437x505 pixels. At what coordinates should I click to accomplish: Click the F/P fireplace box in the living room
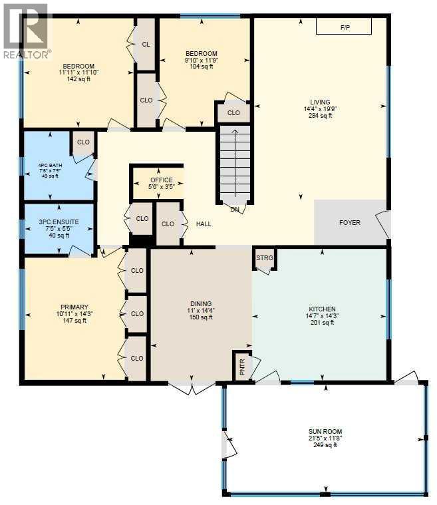click(x=344, y=27)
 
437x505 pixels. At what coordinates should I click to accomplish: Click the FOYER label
click(x=349, y=222)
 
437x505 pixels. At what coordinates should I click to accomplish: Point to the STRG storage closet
click(x=264, y=258)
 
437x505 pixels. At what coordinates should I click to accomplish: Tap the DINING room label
click(x=201, y=304)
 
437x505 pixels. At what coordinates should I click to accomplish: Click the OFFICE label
click(x=161, y=180)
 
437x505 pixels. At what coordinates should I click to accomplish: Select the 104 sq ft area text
click(x=201, y=67)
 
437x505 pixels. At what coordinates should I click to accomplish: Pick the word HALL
click(x=203, y=224)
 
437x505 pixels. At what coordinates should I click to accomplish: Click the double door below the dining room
click(x=192, y=388)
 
